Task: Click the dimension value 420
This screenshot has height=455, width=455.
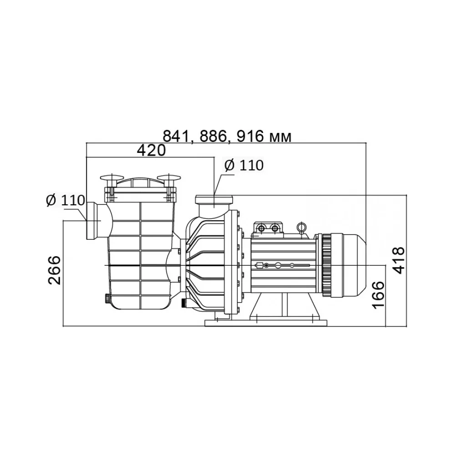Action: tap(151, 150)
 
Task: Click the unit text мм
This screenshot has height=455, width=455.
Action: tap(280, 137)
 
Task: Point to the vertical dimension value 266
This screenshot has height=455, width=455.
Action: tap(54, 270)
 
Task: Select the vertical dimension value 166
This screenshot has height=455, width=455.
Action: tap(378, 295)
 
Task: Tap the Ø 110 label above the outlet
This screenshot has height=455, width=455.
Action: tap(244, 165)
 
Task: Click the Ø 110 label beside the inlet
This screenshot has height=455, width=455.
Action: tap(66, 200)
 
